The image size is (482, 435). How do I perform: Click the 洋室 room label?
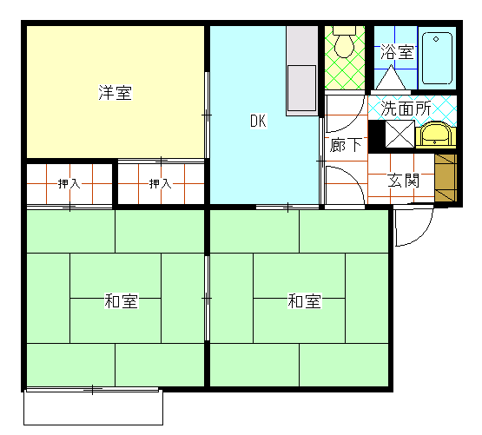point(116,92)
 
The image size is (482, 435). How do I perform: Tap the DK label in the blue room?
point(258,121)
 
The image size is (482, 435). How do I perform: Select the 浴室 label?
point(397,52)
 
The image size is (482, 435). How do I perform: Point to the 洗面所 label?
point(406,109)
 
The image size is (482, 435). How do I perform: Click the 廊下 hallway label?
point(346,145)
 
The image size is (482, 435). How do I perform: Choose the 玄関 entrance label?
point(403,181)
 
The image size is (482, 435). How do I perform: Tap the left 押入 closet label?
point(69,183)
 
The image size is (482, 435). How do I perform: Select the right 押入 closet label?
point(160,183)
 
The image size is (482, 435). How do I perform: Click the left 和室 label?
point(121,301)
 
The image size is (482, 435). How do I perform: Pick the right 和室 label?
point(304,301)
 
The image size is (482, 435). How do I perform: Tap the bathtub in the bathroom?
point(437,58)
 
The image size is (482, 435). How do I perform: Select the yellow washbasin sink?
point(436,135)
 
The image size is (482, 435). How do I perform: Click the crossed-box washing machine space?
point(399,134)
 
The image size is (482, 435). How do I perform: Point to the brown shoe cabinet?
point(446,178)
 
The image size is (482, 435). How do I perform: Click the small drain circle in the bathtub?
point(436,39)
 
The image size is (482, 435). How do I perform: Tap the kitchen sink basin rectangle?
point(301,89)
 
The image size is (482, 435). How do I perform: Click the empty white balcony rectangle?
point(93,408)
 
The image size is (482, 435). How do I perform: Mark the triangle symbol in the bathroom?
point(391,77)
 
